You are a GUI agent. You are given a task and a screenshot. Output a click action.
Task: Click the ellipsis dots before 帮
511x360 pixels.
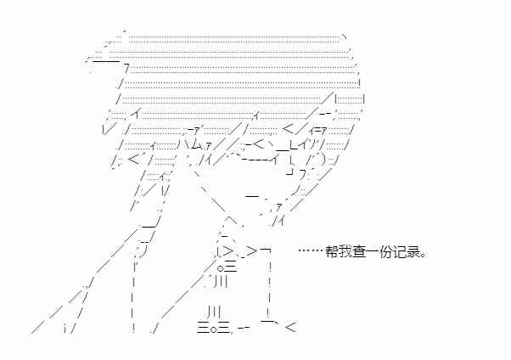312,250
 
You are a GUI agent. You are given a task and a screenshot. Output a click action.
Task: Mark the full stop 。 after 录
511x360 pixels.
423,255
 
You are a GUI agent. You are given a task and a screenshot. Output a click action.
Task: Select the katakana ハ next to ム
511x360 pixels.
183,143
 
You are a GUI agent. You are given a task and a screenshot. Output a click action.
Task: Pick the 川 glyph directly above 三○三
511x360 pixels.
214,312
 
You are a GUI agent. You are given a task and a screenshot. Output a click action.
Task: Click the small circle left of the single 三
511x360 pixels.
220,269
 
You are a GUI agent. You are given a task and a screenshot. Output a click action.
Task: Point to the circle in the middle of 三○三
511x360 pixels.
213,329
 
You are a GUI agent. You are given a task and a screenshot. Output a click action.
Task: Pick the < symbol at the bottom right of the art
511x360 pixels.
290,327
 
